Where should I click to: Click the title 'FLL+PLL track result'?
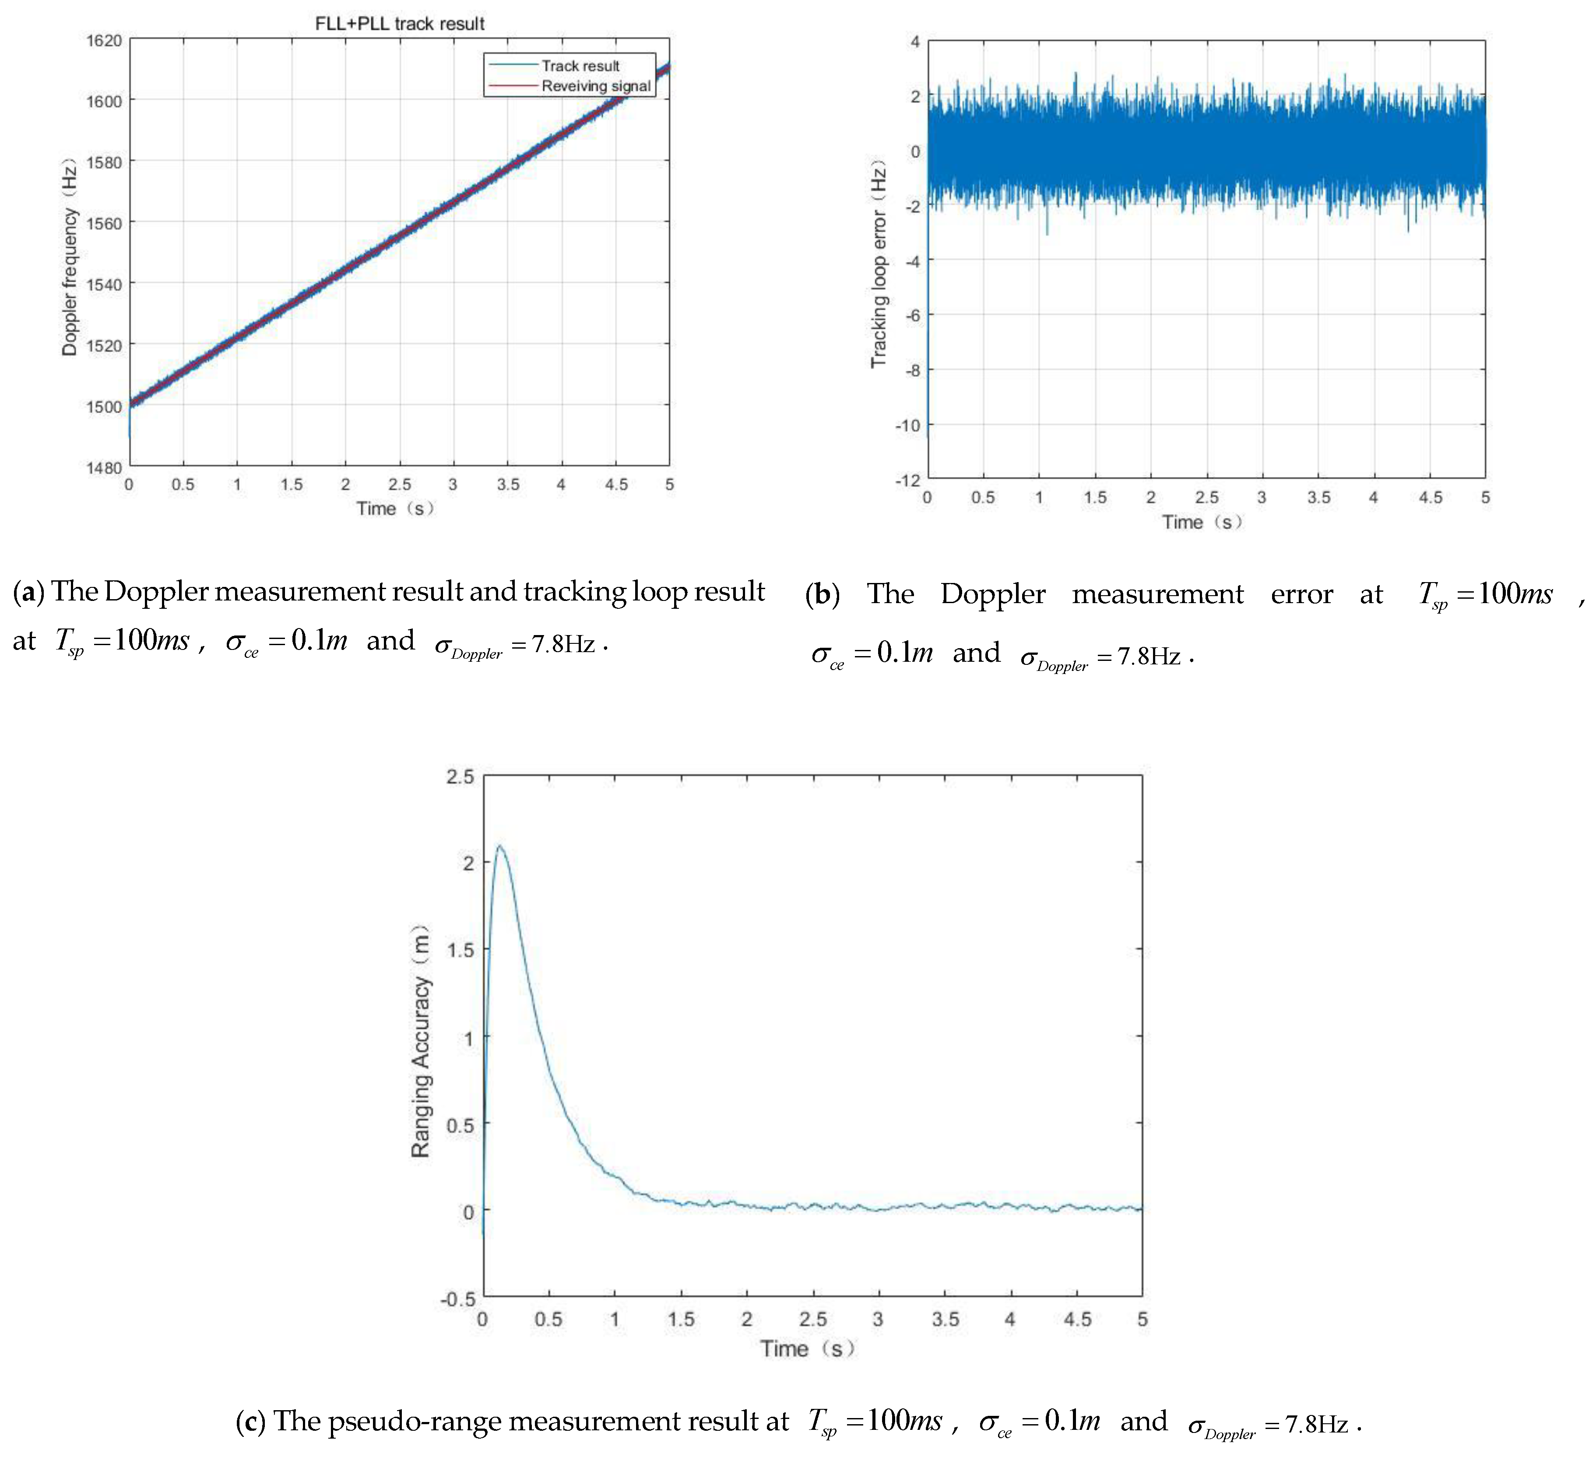[x=399, y=24]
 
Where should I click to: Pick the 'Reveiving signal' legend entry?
[x=595, y=86]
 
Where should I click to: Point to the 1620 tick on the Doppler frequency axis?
[x=104, y=40]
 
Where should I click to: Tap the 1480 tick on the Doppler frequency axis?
[x=104, y=467]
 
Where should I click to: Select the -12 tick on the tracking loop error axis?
[x=908, y=480]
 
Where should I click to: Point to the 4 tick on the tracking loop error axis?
[x=915, y=41]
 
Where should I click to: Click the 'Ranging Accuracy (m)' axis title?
[x=420, y=1041]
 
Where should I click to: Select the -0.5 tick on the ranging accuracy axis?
[x=457, y=1298]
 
